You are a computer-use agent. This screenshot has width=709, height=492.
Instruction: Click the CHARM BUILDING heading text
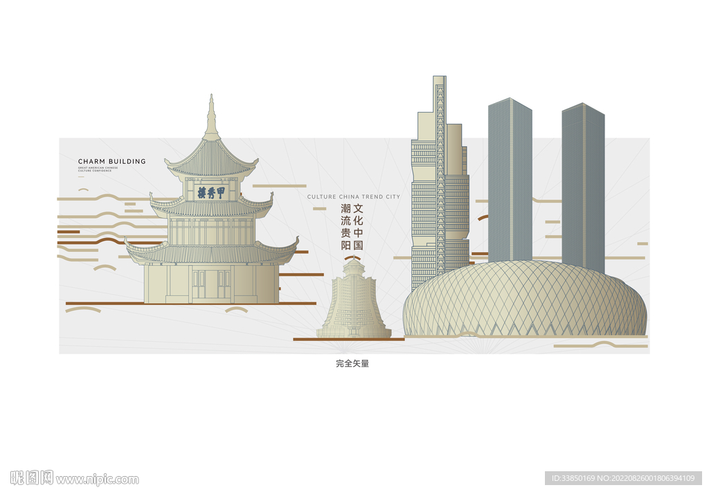point(112,161)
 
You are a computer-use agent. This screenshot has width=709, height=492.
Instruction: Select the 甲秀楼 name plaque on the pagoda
point(211,192)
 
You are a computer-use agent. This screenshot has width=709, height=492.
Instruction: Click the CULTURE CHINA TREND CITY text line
point(353,197)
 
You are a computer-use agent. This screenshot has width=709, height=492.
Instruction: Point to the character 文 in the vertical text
point(358,208)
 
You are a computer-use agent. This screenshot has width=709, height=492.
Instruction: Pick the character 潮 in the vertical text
point(345,208)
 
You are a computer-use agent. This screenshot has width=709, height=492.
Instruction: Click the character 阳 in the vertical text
point(345,245)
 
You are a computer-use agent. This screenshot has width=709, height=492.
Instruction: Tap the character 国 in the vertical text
point(358,245)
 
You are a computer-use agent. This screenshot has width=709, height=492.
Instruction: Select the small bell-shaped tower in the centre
point(354,302)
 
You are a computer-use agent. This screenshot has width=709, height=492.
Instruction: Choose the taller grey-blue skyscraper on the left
point(510,180)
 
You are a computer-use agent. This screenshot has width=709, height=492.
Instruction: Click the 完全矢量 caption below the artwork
point(352,363)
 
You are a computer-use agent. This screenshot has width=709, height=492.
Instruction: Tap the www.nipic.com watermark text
point(97,479)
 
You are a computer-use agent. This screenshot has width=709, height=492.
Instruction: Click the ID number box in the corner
point(623,478)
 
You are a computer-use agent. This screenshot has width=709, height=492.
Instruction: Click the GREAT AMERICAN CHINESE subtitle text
point(98,168)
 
